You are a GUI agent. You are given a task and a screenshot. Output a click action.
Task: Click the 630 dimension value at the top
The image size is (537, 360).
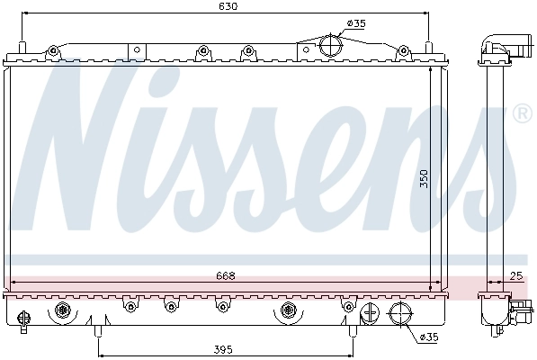(x=228, y=6)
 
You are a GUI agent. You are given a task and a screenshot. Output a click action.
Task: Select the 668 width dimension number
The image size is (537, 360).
(x=226, y=276)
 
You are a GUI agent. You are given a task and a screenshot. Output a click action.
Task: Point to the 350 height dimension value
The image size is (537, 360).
(x=424, y=179)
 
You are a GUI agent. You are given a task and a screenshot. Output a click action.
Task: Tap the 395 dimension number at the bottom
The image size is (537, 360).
(x=223, y=348)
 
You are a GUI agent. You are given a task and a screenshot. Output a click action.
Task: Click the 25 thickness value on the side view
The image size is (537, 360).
(x=515, y=276)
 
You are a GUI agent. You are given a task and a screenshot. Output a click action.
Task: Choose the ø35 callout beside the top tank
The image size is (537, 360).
(x=356, y=24)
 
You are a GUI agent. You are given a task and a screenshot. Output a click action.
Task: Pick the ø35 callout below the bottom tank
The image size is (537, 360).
(x=430, y=337)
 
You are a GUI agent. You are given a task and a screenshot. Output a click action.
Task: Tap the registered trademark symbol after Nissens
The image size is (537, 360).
(x=521, y=115)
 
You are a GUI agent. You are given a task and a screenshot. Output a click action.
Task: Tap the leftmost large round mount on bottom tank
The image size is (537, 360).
(x=63, y=311)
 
